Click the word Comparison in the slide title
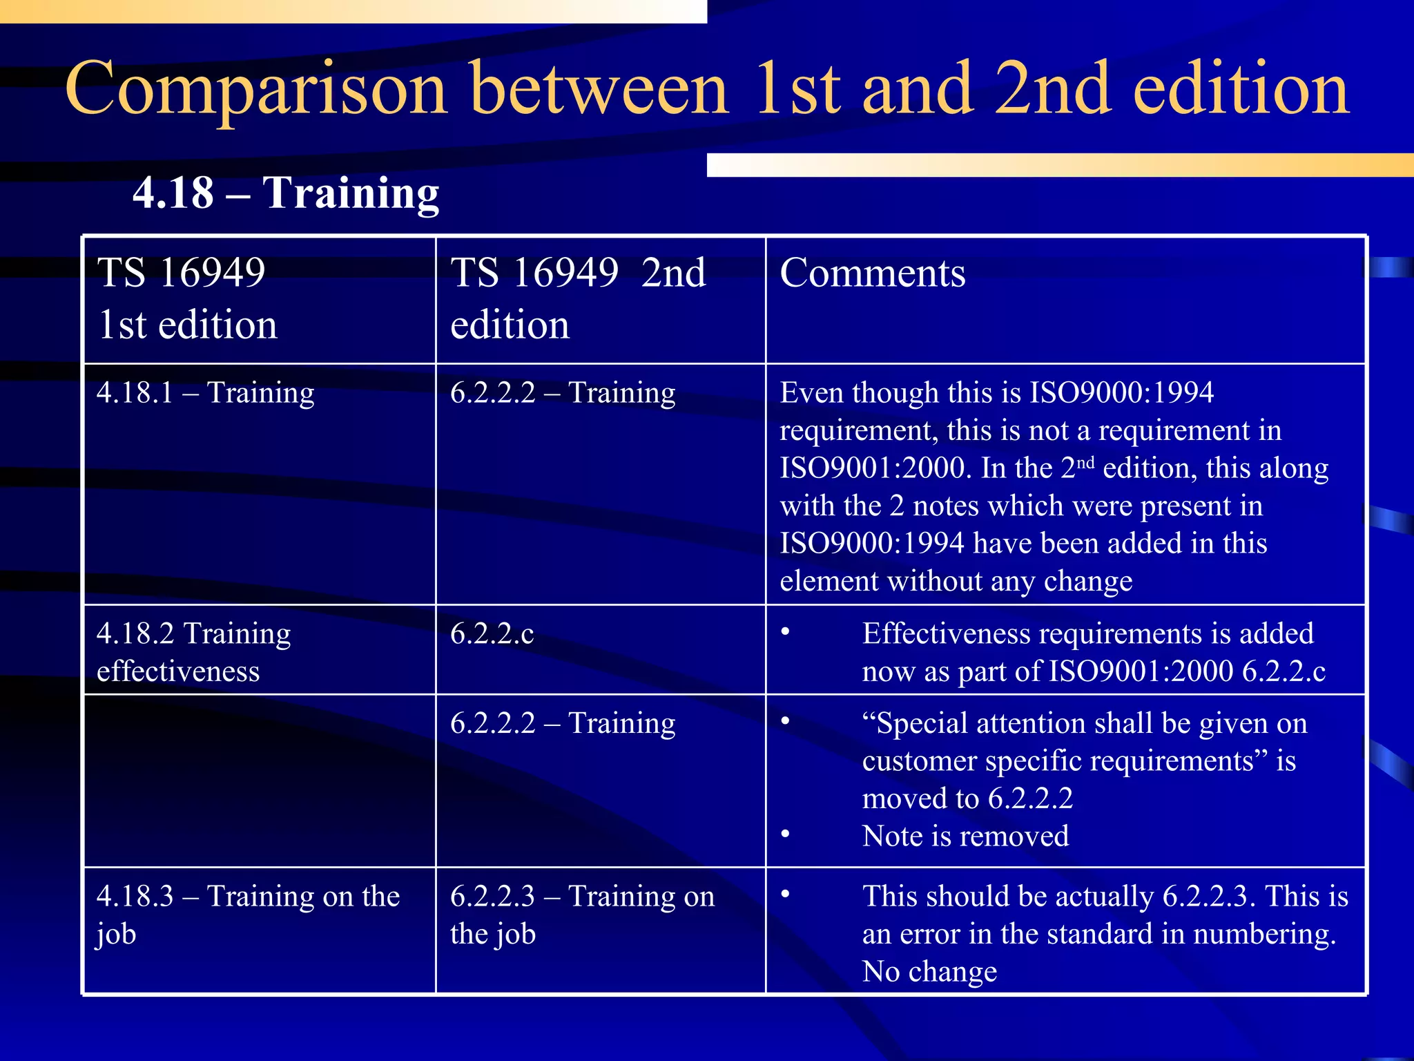click(x=255, y=90)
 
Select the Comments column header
click(x=873, y=273)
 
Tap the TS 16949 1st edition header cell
click(x=187, y=298)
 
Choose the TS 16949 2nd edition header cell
click(x=578, y=298)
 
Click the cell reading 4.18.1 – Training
click(x=205, y=393)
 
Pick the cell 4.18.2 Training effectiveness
click(x=193, y=652)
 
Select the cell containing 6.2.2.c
click(x=492, y=634)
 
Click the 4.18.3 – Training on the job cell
click(x=248, y=915)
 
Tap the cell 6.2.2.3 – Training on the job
click(x=582, y=915)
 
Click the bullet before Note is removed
click(x=785, y=834)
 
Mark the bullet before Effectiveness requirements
click(x=785, y=632)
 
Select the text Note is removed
click(x=965, y=837)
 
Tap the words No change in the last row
click(x=929, y=972)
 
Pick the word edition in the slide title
click(x=1241, y=90)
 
